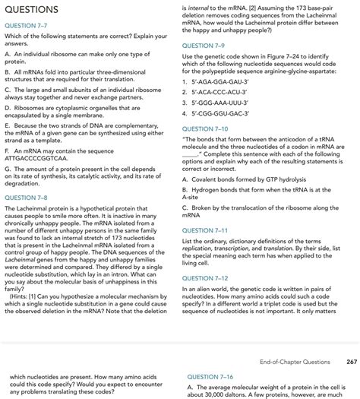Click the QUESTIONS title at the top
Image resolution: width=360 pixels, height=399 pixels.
31,9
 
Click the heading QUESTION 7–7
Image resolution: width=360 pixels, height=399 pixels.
27,25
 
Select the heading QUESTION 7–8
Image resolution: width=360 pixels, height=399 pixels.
27,198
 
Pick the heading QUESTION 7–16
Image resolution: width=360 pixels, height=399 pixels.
210,376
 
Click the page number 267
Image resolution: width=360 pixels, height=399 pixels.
350,361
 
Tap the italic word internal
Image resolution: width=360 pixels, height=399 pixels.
197,5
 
